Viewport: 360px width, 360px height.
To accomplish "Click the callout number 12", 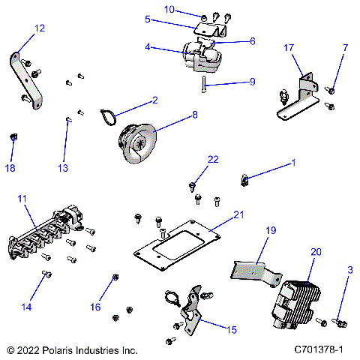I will (39, 28).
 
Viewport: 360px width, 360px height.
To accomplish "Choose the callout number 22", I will (214, 159).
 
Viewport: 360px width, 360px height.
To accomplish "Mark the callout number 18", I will (10, 169).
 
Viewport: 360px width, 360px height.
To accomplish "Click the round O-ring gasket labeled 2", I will (109, 116).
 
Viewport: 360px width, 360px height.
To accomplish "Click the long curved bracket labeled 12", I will (28, 79).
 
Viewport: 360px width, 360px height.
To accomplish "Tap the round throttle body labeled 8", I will (139, 140).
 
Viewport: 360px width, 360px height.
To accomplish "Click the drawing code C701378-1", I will (318, 350).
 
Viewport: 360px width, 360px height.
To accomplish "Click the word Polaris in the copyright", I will (56, 350).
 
